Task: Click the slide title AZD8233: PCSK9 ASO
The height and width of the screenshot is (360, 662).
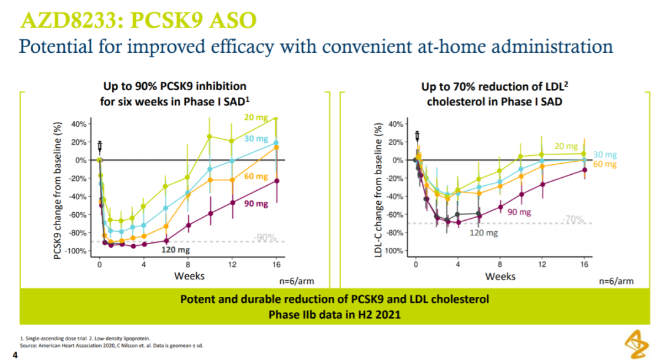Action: pos(139,20)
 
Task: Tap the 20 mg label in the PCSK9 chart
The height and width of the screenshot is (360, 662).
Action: pos(256,118)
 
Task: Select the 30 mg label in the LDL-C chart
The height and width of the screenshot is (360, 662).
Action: pos(604,155)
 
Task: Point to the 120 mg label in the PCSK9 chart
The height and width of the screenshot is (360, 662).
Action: pos(175,250)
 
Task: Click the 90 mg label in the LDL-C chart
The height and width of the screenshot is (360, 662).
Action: pos(519,212)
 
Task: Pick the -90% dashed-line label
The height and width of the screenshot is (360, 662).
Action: pos(265,239)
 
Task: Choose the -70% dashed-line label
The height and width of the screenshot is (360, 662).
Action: pos(573,220)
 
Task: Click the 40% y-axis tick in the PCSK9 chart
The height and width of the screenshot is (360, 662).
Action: pos(78,124)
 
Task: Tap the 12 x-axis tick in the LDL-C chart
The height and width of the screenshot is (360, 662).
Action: pos(542,264)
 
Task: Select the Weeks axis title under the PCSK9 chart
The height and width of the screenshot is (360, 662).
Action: pos(189,276)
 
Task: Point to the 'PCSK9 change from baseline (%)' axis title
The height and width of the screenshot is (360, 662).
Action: pos(58,190)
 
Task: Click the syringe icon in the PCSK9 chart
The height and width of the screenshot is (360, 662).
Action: pos(100,147)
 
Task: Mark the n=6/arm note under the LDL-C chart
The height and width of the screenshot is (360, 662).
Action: pos(616,281)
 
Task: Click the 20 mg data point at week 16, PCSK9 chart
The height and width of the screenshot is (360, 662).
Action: pos(276,118)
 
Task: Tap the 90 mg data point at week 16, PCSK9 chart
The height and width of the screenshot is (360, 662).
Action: pos(276,181)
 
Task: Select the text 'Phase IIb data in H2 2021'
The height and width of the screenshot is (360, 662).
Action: pos(335,315)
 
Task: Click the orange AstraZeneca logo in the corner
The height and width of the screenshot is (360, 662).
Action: pos(637,345)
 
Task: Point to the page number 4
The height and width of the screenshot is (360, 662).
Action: pos(15,355)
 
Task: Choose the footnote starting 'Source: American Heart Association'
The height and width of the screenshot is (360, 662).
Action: pos(112,346)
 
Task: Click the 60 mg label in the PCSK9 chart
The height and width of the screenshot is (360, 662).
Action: pos(256,176)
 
